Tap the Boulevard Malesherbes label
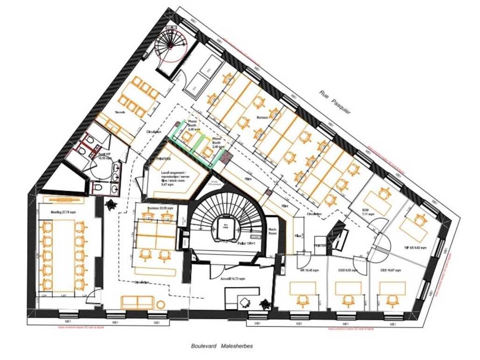[221, 346]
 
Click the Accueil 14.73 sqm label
[233, 278]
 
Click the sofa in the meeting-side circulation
[137, 302]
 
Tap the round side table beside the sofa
[161, 304]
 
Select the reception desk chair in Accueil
[245, 302]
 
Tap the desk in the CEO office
[392, 289]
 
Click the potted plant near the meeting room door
[111, 204]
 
